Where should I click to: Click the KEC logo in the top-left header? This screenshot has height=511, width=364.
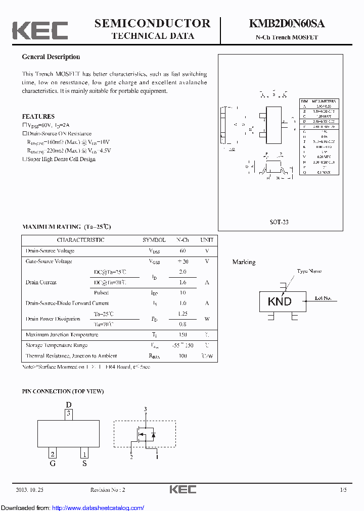(40, 30)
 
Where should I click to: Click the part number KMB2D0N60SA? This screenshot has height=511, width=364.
(287, 24)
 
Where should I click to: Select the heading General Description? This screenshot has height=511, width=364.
(51, 57)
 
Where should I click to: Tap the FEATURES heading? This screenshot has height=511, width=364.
(38, 117)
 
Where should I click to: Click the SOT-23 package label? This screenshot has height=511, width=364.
(279, 222)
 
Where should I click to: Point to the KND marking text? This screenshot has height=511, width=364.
(280, 301)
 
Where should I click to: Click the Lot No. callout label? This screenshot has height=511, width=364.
(323, 298)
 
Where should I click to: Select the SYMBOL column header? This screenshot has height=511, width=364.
(154, 240)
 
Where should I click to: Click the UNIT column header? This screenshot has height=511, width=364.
(207, 240)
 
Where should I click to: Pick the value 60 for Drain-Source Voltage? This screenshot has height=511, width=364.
(183, 251)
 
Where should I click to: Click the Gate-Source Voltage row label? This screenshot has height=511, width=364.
(49, 262)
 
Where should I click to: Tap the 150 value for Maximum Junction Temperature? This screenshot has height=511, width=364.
(183, 335)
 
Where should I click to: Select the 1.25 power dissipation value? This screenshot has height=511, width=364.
(183, 314)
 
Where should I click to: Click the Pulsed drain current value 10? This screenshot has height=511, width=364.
(183, 293)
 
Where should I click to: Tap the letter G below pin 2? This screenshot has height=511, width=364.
(53, 463)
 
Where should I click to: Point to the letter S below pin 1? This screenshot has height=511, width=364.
(84, 463)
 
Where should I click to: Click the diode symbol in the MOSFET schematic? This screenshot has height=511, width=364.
(154, 434)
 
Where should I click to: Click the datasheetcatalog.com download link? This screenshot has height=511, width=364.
(98, 507)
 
